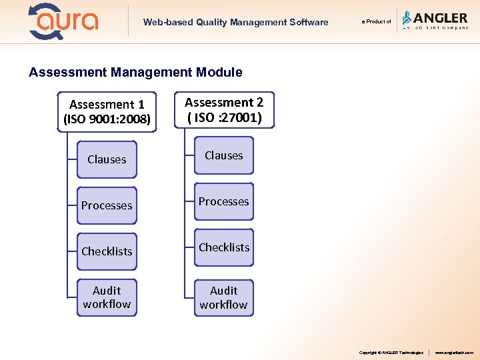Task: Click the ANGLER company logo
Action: coord(435,21)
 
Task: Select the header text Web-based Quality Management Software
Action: coord(235,22)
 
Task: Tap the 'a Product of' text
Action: coord(376,22)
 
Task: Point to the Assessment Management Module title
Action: coord(135,72)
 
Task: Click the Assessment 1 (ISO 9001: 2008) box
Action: coord(107,112)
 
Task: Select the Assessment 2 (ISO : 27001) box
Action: coord(224,110)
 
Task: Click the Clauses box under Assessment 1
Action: coord(107,159)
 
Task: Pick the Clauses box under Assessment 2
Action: coord(224,155)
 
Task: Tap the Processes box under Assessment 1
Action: coord(107,205)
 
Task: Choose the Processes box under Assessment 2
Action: coord(224,201)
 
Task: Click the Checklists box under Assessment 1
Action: coord(107,251)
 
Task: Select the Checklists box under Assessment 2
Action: coord(224,247)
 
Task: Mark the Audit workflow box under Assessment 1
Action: coord(107,297)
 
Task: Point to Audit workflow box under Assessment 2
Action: coord(224,297)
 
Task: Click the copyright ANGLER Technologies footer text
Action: coord(391,352)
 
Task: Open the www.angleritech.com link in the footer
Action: coord(454,352)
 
